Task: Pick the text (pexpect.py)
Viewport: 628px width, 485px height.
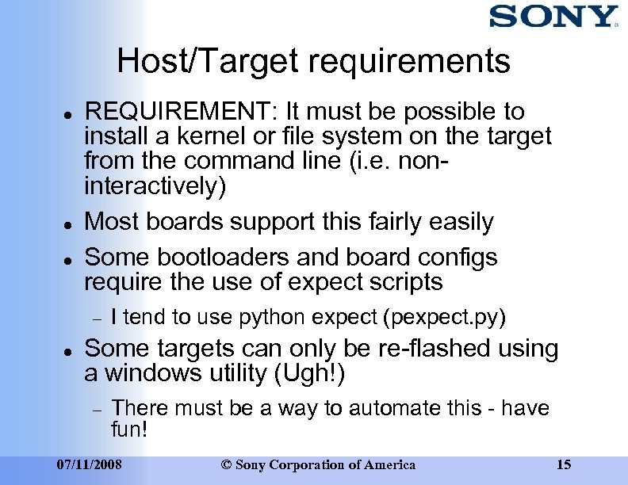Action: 444,318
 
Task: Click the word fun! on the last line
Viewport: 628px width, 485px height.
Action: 130,431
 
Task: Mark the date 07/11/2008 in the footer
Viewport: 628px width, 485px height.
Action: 89,464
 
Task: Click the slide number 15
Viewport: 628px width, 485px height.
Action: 564,464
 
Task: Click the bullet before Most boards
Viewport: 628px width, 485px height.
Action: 70,223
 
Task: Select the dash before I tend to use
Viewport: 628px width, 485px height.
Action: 97,319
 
